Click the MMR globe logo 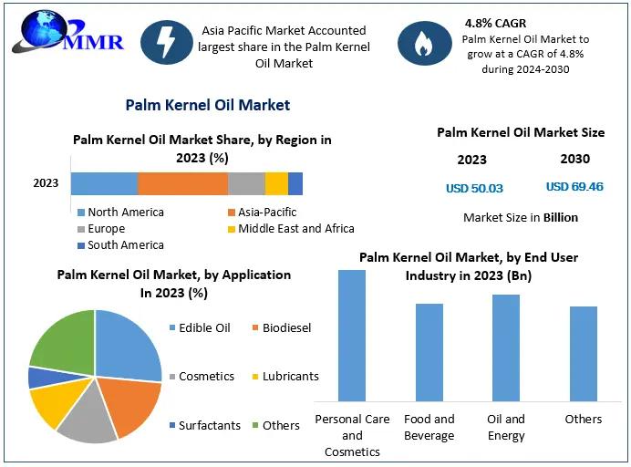click(x=67, y=32)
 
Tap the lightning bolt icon click(x=167, y=42)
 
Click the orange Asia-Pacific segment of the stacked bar click(x=183, y=183)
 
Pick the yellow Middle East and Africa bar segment click(x=276, y=183)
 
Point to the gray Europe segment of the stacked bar click(x=247, y=183)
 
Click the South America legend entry click(x=120, y=244)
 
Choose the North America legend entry click(x=120, y=212)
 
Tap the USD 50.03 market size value click(x=474, y=189)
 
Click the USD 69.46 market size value click(x=574, y=187)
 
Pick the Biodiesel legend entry click(x=282, y=327)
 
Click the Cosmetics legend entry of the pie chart click(x=202, y=376)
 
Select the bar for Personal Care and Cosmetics click(x=352, y=336)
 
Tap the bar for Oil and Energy click(x=506, y=348)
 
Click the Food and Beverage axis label click(x=429, y=427)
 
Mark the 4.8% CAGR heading click(x=495, y=24)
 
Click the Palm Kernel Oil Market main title click(x=208, y=105)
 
